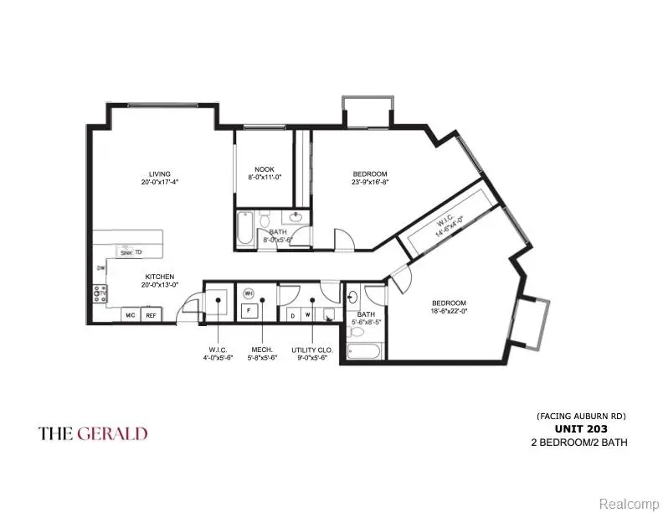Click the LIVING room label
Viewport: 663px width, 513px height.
[x=155, y=174]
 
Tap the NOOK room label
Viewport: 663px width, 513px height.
[x=252, y=168]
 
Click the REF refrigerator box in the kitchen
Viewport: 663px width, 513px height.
[x=152, y=315]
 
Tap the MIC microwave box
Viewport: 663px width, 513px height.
[x=131, y=315]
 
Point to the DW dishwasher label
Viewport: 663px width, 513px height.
[x=100, y=268]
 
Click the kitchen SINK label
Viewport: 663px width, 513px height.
[x=126, y=251]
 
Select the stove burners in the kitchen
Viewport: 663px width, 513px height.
[x=100, y=293]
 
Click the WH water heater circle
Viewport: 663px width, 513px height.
[x=249, y=293]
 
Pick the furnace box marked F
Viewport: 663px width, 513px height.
[x=249, y=311]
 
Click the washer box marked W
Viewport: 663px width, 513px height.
[x=307, y=315]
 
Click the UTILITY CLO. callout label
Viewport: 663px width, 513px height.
[x=309, y=350]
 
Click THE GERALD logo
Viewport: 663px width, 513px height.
[x=93, y=433]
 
